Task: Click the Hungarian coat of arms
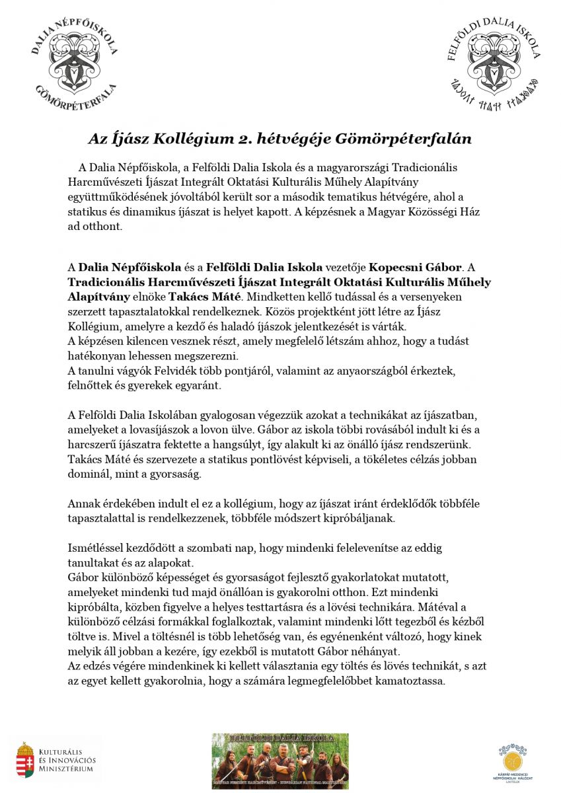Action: (x=25, y=759)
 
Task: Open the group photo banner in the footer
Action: (x=280, y=761)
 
